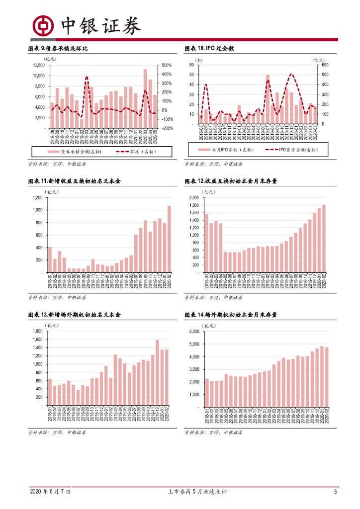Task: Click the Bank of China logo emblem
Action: (43, 25)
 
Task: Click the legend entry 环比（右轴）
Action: (134, 151)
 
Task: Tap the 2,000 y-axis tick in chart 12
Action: (193, 198)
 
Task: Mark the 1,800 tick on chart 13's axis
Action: (37, 331)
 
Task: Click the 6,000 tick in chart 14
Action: (193, 332)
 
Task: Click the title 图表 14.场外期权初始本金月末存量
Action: (231, 315)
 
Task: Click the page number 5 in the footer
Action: (336, 492)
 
